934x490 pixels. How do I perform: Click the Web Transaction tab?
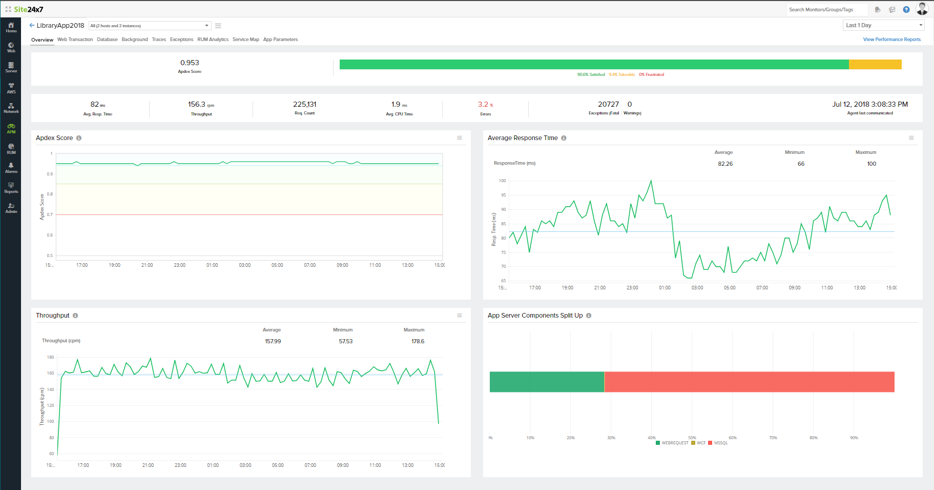point(75,40)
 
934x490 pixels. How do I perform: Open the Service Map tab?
point(245,40)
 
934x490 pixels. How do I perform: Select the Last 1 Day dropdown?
point(883,25)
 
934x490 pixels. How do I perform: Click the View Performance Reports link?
point(891,40)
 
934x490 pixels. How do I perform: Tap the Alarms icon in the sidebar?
point(11,168)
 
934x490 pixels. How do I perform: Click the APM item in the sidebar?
point(11,128)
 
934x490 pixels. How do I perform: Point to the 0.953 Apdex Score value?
point(190,63)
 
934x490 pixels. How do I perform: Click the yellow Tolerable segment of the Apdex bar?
point(875,65)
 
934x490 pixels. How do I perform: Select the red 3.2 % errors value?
point(483,104)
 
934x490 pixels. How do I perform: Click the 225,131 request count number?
point(304,104)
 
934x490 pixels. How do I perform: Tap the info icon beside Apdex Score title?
point(79,138)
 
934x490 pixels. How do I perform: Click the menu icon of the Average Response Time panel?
point(911,138)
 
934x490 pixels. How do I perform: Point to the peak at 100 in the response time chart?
point(651,181)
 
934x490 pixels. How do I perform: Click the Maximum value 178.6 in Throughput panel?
point(418,341)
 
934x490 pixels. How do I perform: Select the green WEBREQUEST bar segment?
point(547,382)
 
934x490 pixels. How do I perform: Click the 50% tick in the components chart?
point(692,438)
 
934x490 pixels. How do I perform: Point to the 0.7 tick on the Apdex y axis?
point(50,214)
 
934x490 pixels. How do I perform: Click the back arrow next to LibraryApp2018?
point(32,25)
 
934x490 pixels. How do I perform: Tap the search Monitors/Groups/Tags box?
point(826,10)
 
